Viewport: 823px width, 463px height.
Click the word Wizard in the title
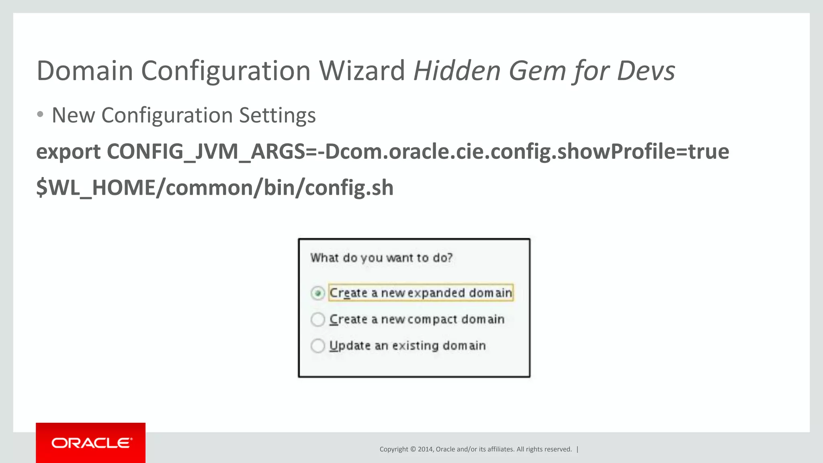coord(362,71)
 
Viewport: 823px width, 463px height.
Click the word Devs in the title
coord(646,71)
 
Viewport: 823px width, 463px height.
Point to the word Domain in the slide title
coord(84,71)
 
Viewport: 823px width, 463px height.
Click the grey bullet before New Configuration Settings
coord(40,115)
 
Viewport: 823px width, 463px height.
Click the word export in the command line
coord(68,152)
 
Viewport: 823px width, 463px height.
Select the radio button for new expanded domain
coord(317,293)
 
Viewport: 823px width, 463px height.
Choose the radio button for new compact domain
coord(317,320)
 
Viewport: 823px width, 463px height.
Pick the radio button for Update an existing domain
coord(317,346)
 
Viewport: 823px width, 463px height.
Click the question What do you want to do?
coord(381,258)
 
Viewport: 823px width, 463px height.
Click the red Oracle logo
coord(91,443)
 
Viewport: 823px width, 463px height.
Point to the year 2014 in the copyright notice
coord(425,449)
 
